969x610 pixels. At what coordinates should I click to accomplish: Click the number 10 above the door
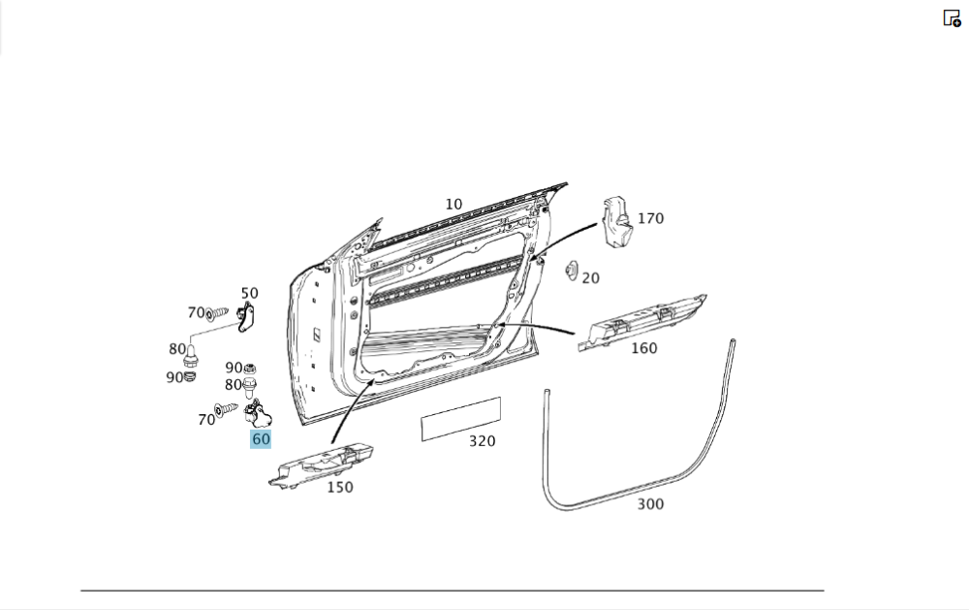click(x=453, y=205)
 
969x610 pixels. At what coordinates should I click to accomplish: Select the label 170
click(x=650, y=218)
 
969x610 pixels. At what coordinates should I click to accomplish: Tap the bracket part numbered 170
click(x=615, y=220)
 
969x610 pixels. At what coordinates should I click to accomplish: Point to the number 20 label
click(x=590, y=278)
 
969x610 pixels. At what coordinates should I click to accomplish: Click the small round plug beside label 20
click(x=571, y=272)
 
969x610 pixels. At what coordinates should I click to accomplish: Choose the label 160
click(x=643, y=348)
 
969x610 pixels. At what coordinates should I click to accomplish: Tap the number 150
click(x=339, y=487)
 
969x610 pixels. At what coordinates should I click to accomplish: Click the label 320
click(x=482, y=441)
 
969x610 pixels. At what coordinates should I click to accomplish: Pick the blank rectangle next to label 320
click(x=460, y=418)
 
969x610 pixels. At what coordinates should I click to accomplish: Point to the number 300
click(x=650, y=504)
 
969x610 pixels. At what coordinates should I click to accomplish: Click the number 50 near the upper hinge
click(x=249, y=293)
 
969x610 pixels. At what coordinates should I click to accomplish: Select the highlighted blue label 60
click(x=261, y=439)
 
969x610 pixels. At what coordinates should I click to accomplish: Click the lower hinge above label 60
click(x=259, y=416)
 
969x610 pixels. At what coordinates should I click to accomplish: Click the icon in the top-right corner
click(x=952, y=18)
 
